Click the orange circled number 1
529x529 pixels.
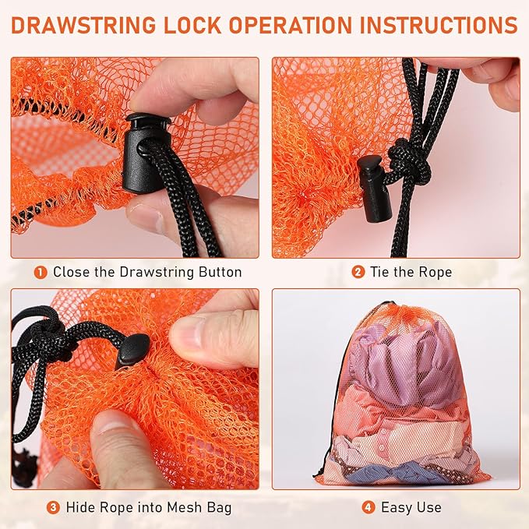pos(41,273)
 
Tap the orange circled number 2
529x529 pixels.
pos(358,273)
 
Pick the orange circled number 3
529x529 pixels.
pos(53,507)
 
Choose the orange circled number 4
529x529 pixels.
pos(368,507)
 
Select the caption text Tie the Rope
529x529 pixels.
pos(412,273)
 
